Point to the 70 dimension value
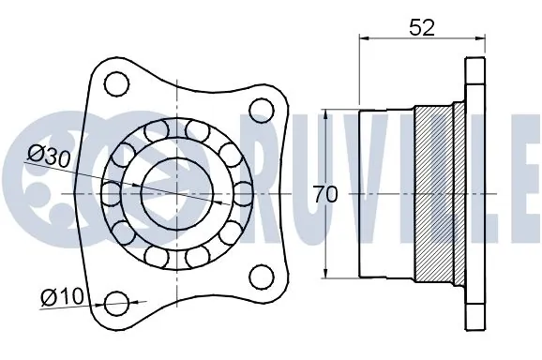325,195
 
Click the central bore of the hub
176,193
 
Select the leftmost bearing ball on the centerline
111,194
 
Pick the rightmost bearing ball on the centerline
243,194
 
